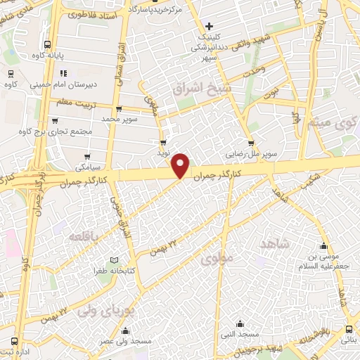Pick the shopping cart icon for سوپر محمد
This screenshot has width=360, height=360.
117,110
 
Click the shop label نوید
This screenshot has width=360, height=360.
163,152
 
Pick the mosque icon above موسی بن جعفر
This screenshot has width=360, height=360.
323,246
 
